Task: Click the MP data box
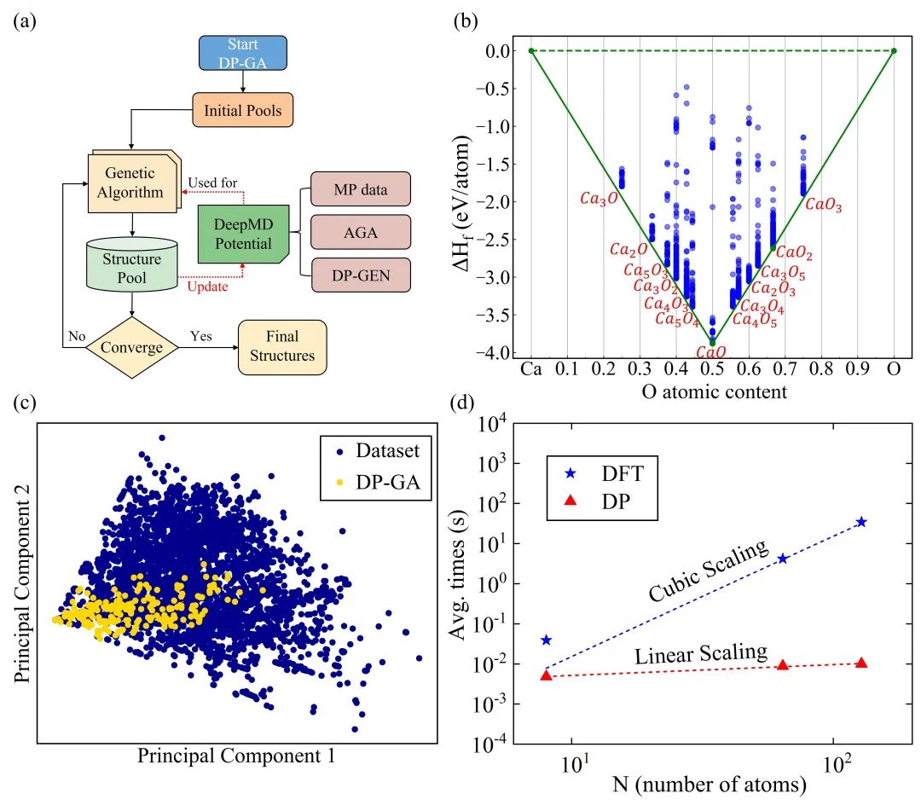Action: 360,188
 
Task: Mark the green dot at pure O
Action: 894,51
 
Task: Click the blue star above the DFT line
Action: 546,640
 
